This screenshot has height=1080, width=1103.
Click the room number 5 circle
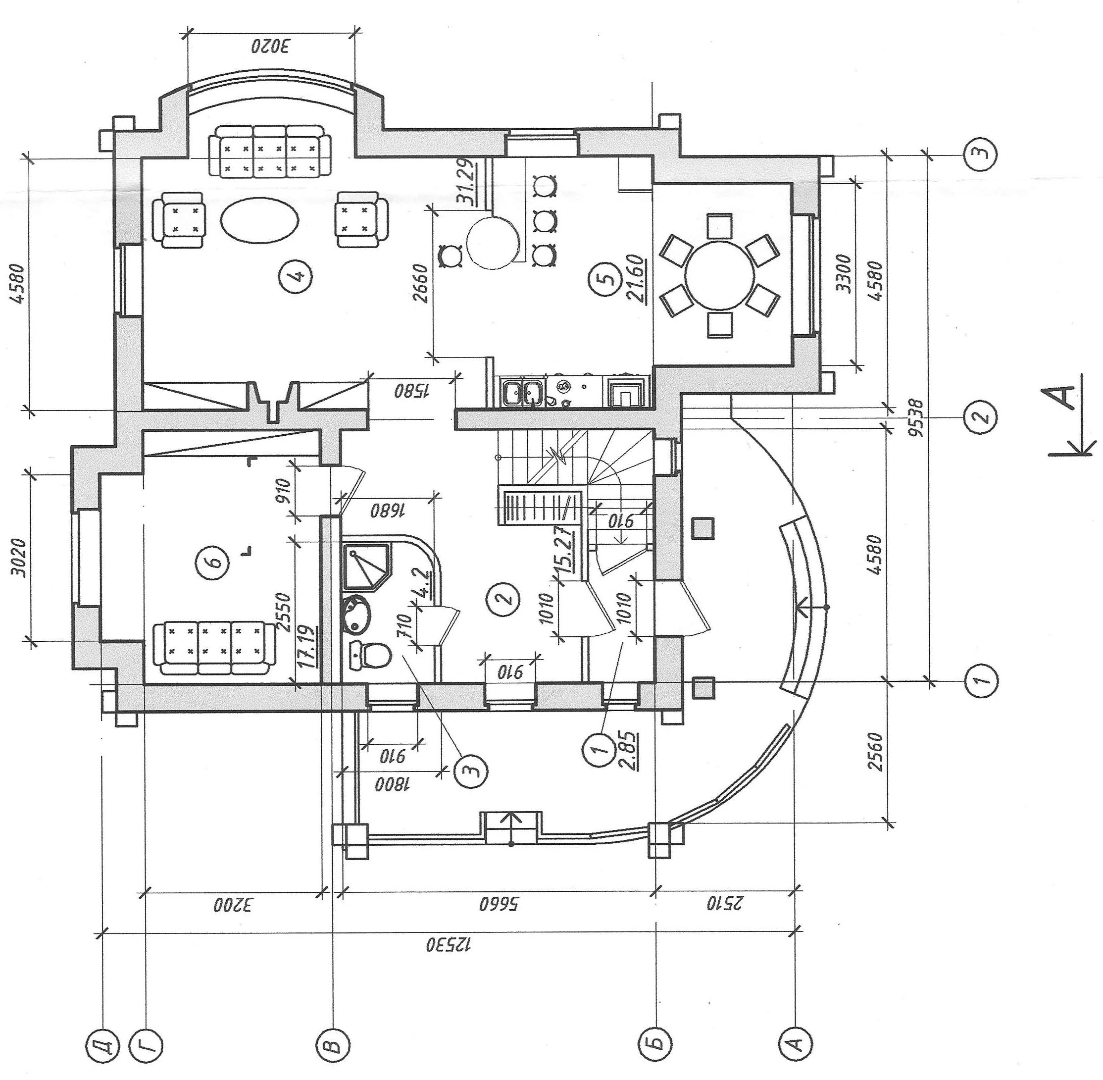click(x=608, y=278)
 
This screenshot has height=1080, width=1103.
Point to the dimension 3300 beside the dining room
click(x=845, y=273)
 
